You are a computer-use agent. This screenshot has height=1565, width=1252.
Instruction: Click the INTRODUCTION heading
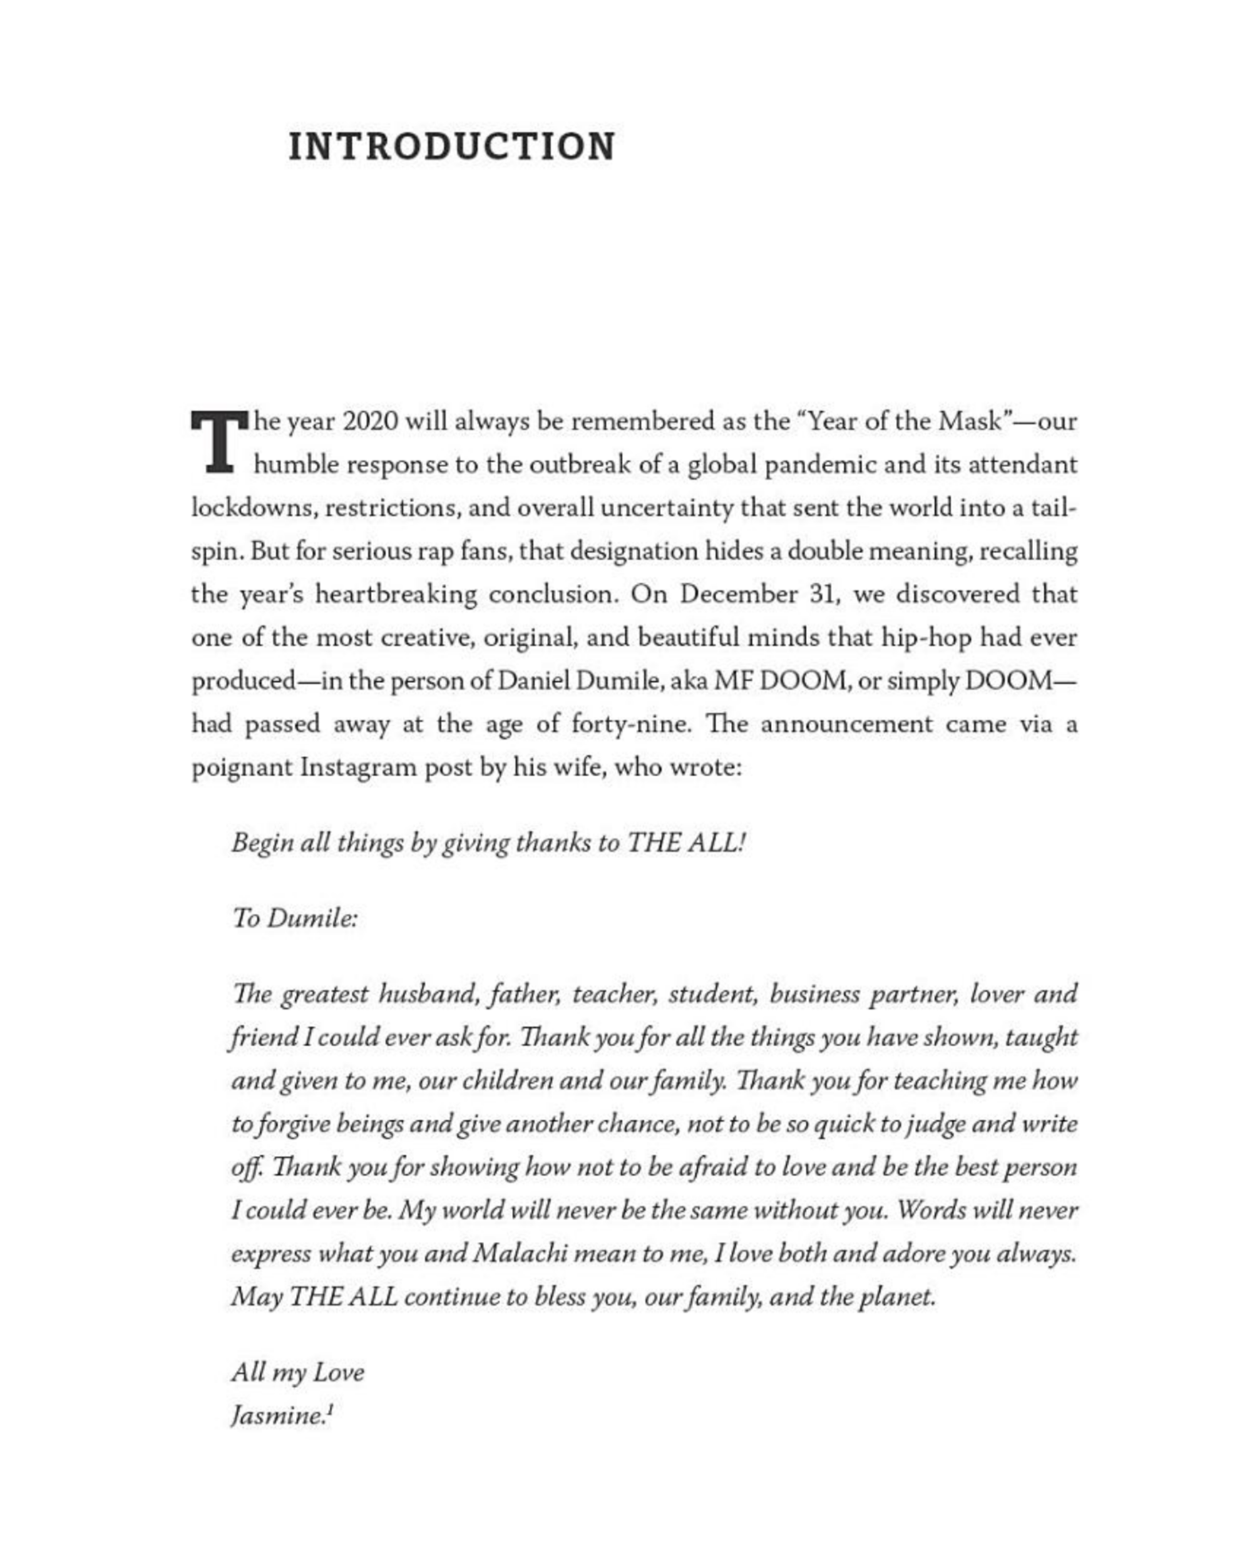click(451, 146)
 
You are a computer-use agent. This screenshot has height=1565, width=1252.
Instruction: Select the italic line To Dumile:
click(295, 918)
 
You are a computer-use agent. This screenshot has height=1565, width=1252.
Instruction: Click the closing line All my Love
click(297, 1373)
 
